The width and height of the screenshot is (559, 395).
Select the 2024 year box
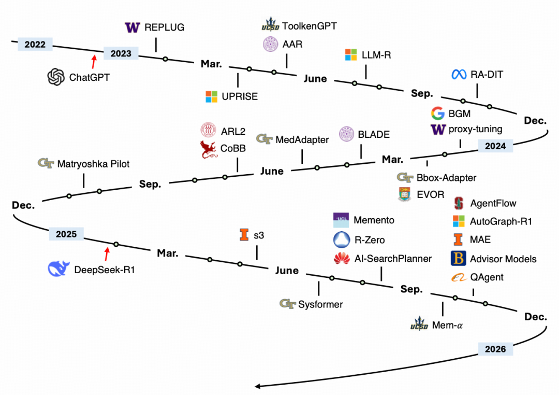[495, 146]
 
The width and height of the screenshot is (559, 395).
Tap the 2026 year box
[495, 349]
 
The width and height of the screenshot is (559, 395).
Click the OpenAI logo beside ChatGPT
[55, 77]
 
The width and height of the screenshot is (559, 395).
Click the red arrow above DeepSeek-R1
[107, 253]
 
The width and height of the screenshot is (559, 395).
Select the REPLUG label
[164, 27]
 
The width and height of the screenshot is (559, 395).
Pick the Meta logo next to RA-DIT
[458, 75]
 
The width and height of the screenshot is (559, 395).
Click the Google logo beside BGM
[437, 114]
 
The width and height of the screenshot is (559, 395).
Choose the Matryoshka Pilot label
[94, 164]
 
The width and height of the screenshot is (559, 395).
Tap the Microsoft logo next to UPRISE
[211, 96]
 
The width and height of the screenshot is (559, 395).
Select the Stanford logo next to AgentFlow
[459, 203]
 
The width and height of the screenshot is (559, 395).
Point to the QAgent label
[487, 277]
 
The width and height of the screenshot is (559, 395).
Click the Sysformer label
[320, 304]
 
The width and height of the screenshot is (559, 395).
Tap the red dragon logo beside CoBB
[210, 149]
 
